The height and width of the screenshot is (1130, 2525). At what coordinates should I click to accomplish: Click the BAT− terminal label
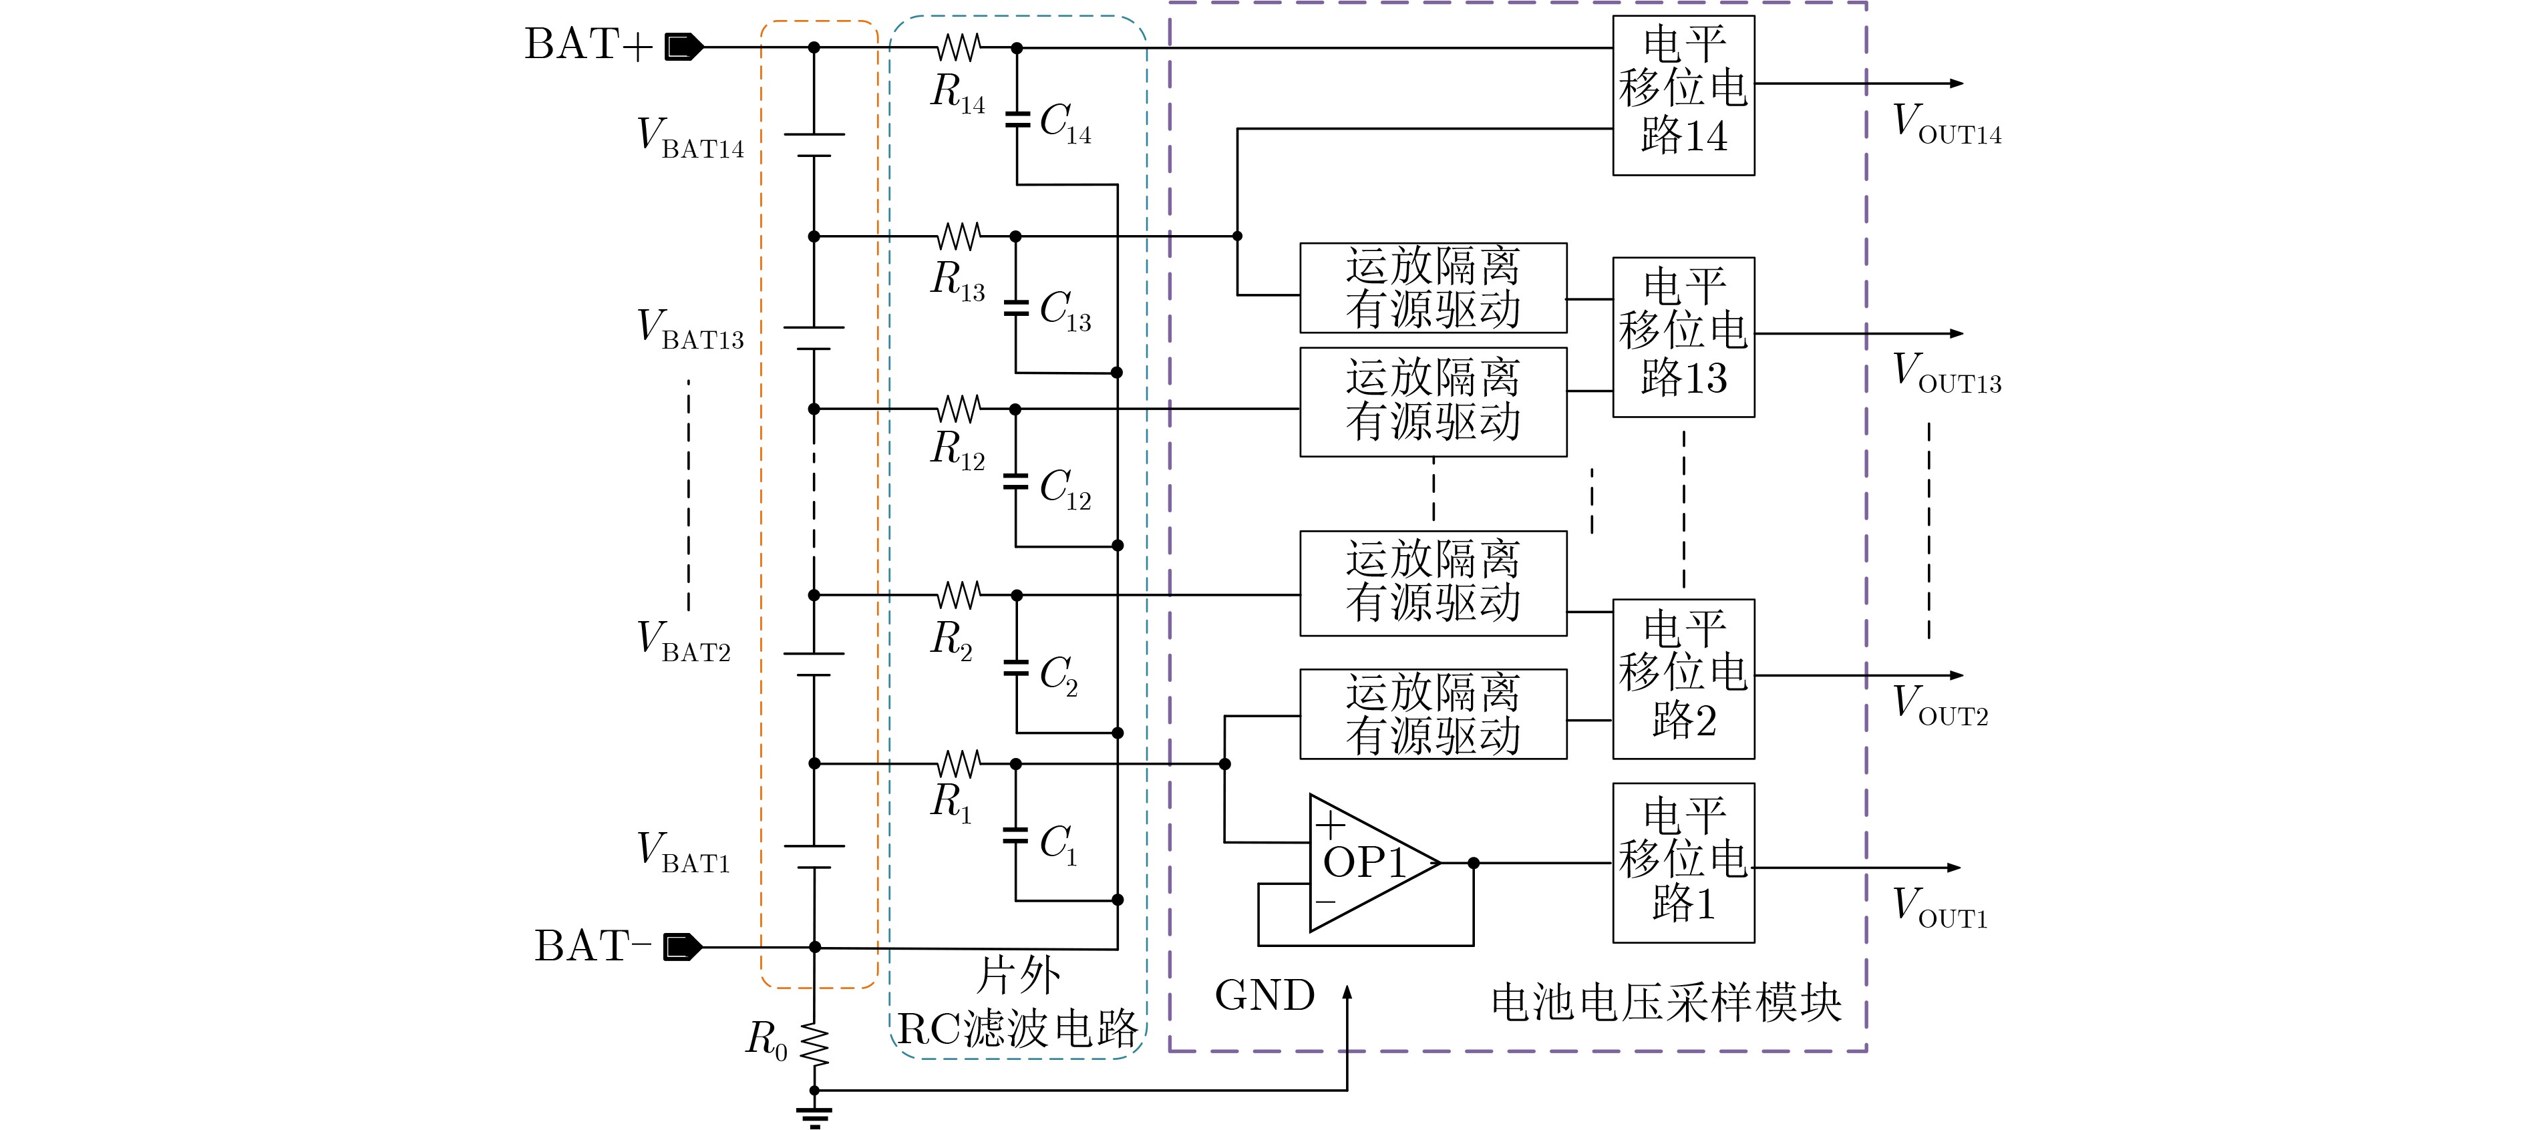[591, 947]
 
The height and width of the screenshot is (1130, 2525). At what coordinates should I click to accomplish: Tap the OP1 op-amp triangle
[1367, 862]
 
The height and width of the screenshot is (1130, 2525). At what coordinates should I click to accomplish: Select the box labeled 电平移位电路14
[1683, 95]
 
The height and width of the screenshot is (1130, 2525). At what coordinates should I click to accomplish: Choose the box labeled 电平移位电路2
[1683, 678]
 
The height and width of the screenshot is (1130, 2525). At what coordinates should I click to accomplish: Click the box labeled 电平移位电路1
[1683, 862]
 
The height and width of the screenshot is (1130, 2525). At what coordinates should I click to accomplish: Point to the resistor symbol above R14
[959, 47]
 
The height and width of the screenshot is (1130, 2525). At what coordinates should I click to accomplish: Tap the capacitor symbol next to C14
[1017, 120]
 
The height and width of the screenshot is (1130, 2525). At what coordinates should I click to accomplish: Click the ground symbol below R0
[814, 1115]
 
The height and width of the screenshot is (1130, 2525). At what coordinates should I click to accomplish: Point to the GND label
[1265, 996]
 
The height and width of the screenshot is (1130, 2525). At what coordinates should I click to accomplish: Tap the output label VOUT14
[1947, 124]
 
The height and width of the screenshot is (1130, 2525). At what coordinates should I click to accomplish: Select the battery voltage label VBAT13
[690, 329]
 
